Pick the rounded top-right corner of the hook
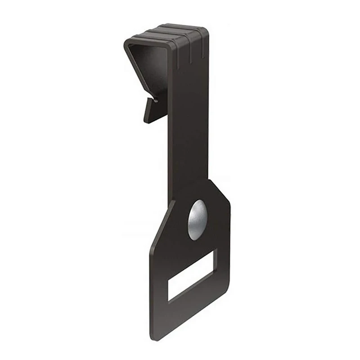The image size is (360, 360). (x=205, y=31)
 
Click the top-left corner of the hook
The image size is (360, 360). (x=127, y=41)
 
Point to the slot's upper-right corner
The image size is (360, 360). (x=216, y=252)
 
